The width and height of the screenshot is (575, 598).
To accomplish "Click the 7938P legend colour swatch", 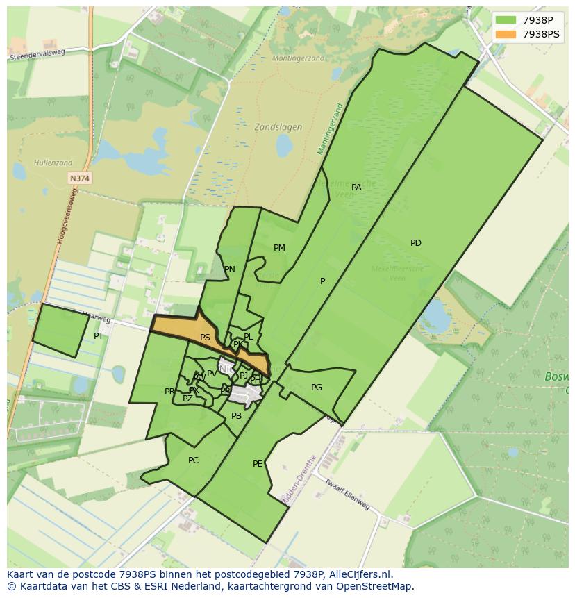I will (x=506, y=20).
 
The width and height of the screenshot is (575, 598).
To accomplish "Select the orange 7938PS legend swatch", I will (x=506, y=34).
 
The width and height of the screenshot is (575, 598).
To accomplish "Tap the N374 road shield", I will (x=80, y=178).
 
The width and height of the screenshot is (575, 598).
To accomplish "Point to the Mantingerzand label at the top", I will (x=298, y=58).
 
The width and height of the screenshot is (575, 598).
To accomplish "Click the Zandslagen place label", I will (x=278, y=127).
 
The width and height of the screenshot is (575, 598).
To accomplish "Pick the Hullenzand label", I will (x=53, y=163).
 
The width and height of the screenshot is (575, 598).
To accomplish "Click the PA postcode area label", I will (x=356, y=188).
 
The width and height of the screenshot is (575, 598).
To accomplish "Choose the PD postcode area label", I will (x=415, y=243).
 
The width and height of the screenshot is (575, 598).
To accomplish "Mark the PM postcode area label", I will (x=279, y=248).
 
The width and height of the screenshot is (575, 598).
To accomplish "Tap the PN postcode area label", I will (x=229, y=269).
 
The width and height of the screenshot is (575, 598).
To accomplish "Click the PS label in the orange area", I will (x=205, y=338).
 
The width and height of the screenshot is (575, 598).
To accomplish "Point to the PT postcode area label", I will (x=99, y=336).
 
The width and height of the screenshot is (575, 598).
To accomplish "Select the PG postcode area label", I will (x=317, y=388).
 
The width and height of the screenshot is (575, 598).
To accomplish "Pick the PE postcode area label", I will (x=258, y=464).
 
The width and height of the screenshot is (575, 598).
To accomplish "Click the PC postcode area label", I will (x=193, y=460).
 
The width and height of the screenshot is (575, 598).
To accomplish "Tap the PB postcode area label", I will (x=236, y=416).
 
